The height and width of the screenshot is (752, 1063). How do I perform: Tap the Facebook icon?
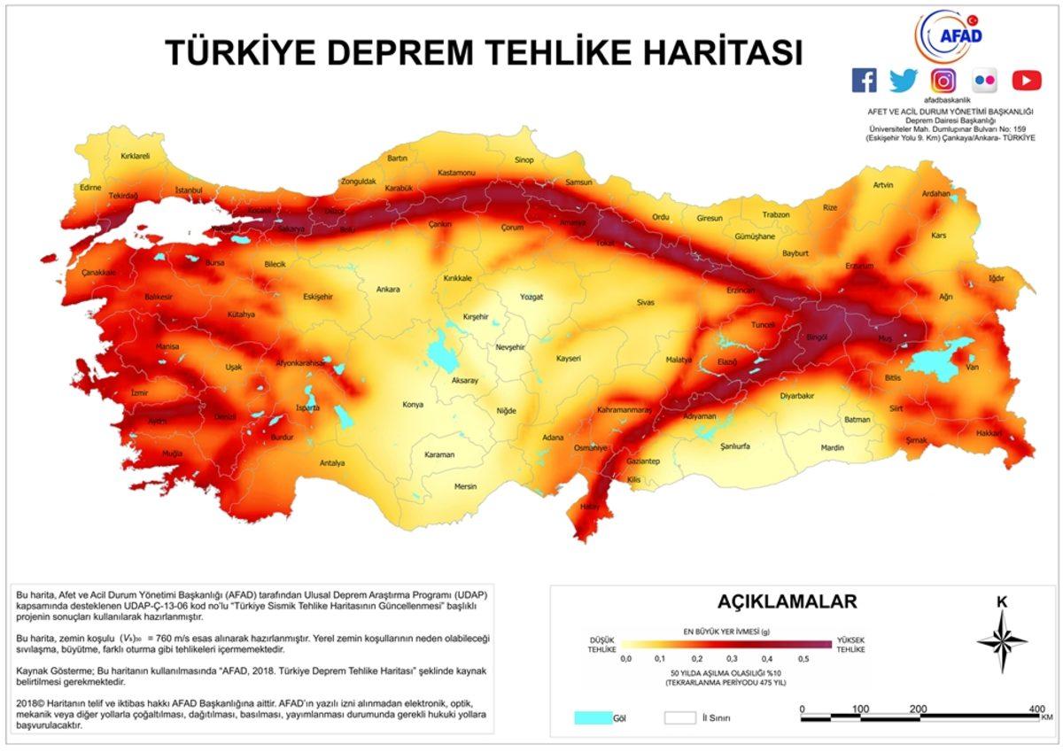(x=864, y=81)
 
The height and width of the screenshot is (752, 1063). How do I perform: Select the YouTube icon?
(x=1027, y=81)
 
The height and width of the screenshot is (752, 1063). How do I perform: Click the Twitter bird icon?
(x=904, y=81)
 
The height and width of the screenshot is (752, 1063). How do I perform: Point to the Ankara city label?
(x=388, y=289)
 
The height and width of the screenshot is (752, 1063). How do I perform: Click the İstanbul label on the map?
(x=190, y=190)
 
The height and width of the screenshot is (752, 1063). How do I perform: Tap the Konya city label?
(x=413, y=404)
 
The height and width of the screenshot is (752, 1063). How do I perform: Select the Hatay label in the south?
(x=589, y=506)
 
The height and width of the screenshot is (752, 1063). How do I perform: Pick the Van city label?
(x=973, y=367)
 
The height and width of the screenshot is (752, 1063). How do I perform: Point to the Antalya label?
(x=332, y=462)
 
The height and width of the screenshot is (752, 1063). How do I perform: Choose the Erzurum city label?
(x=859, y=266)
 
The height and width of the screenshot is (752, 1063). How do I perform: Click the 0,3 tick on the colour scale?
(x=732, y=659)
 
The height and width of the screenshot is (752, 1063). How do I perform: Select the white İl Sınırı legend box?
(x=680, y=717)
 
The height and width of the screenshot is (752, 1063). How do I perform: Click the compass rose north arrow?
(x=1002, y=620)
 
